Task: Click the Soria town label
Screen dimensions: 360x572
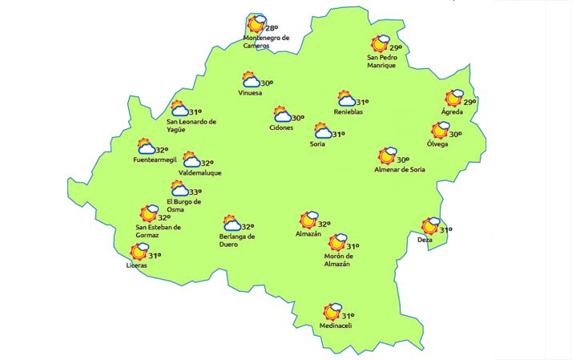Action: coord(317,144)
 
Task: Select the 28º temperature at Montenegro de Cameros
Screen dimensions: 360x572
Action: coord(272,28)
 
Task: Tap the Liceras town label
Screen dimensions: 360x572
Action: coord(137,265)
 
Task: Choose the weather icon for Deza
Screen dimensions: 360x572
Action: coord(431,227)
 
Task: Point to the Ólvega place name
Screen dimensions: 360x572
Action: coord(437,144)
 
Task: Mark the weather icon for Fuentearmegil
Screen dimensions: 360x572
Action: coord(146,148)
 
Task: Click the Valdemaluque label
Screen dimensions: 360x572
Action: coord(200,172)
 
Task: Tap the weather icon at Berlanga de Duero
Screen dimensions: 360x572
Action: coord(232,224)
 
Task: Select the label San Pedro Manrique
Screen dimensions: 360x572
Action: coord(381,61)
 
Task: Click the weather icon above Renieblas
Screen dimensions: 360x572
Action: coord(347,100)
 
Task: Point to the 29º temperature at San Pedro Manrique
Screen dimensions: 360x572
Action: coord(396,48)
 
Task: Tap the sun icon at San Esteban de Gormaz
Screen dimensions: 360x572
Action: coord(148,214)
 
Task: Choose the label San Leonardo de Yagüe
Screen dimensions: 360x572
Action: coord(191,125)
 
